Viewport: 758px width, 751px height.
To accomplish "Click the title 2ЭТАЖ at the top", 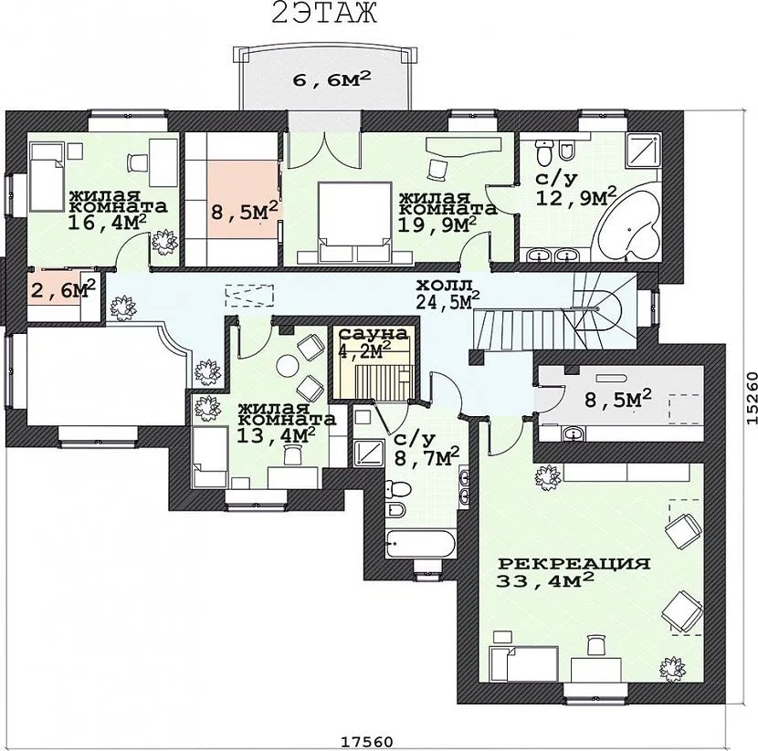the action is point(324,13).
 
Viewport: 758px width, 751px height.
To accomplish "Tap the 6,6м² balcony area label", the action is point(332,78).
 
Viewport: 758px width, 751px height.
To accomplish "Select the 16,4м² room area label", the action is point(108,222).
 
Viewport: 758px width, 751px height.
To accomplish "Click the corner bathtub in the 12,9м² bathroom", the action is point(628,224).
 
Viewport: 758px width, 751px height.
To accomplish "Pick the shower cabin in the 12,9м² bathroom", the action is point(642,151).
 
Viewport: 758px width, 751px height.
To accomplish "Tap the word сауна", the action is point(374,334).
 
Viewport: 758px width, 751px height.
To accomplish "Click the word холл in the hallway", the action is point(443,286).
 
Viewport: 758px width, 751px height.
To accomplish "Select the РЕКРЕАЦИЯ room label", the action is point(574,564).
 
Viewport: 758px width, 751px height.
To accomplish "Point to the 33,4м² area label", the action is point(545,579).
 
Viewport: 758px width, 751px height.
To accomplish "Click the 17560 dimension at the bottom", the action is point(367,741).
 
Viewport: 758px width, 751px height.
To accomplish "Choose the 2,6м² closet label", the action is point(63,289).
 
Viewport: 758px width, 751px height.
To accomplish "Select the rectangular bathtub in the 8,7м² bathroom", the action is point(420,544).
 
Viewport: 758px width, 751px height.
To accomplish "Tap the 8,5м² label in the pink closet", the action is point(245,211).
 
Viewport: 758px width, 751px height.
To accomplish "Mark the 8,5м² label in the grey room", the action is point(618,399).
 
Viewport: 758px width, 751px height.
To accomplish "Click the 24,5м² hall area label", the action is point(447,300).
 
